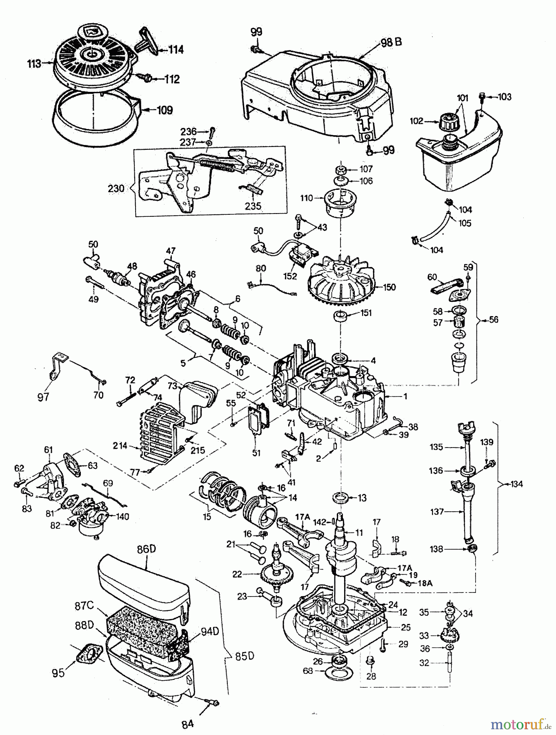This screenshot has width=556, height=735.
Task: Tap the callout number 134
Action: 516,484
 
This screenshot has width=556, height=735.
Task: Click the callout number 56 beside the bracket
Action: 493,320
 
